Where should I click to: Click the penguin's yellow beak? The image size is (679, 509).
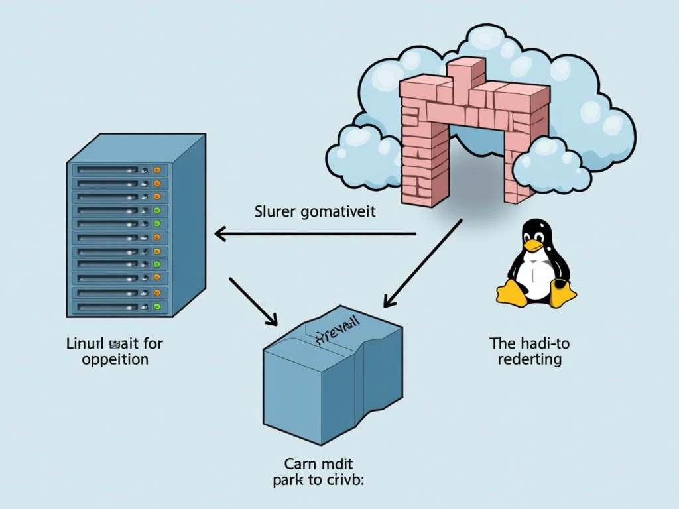pyautogui.click(x=533, y=245)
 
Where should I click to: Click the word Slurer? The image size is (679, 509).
pyautogui.click(x=275, y=213)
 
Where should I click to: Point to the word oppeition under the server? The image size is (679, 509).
pyautogui.click(x=115, y=359)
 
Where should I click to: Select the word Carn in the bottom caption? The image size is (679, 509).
pyautogui.click(x=302, y=465)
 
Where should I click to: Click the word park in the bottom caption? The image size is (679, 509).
pyautogui.click(x=288, y=481)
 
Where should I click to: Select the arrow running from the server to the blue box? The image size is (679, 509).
pyautogui.click(x=253, y=300)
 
